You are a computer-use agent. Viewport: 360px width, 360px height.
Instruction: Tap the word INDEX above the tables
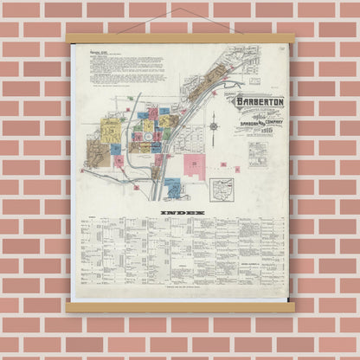(x=180, y=211)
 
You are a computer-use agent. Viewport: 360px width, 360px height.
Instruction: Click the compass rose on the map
(x=214, y=126)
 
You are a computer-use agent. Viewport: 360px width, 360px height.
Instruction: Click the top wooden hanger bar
(x=180, y=38)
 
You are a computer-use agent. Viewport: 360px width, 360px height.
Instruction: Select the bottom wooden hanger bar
(x=180, y=306)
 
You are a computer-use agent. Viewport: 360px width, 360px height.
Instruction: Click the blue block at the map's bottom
(x=173, y=185)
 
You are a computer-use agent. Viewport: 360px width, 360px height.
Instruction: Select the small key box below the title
(x=257, y=154)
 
